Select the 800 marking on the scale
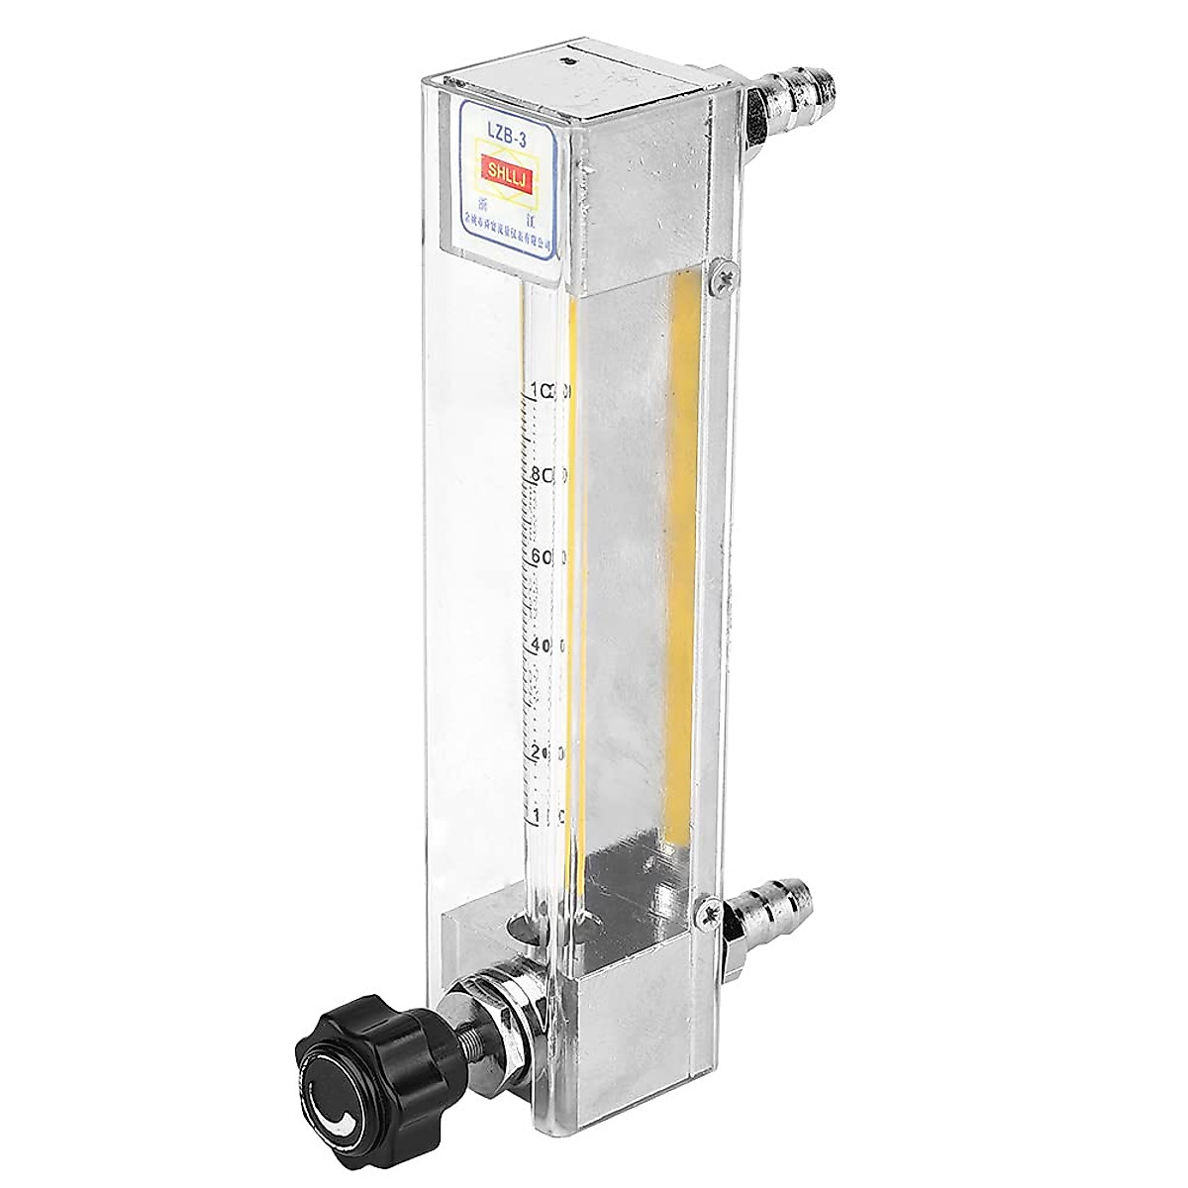[x=548, y=476]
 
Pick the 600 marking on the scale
[x=546, y=557]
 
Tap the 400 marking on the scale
[x=546, y=645]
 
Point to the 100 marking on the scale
[x=545, y=816]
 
